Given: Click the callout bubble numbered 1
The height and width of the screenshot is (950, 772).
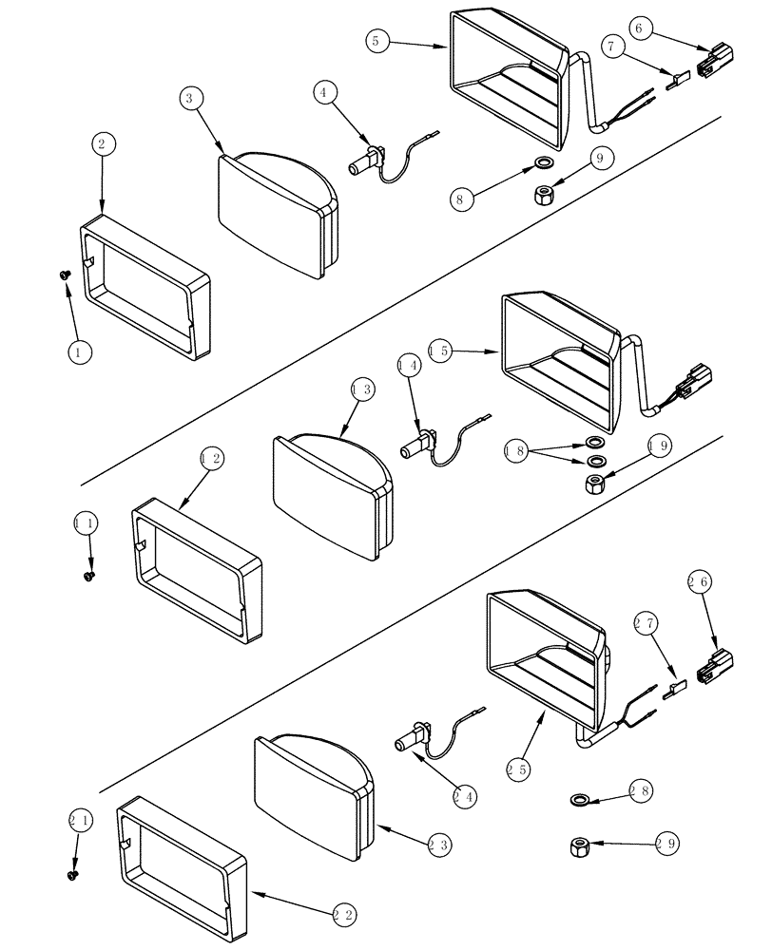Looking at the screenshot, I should tap(80, 351).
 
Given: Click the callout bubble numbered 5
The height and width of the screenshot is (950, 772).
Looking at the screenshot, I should tap(377, 40).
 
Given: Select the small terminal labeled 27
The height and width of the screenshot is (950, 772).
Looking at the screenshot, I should tap(675, 687).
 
